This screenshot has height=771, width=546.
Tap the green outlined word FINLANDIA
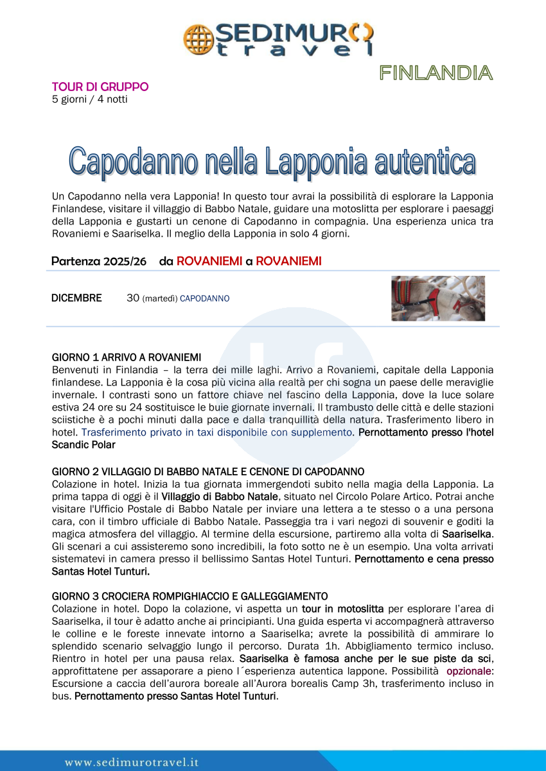click(436, 72)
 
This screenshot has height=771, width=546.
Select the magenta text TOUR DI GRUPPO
click(100, 87)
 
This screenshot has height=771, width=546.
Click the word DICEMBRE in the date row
click(76, 298)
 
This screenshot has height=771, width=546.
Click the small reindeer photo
click(438, 298)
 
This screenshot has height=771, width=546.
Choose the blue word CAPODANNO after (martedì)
click(204, 299)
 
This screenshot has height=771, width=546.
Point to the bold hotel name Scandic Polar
click(84, 445)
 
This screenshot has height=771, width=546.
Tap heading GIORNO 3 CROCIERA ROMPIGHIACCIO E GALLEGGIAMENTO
click(190, 597)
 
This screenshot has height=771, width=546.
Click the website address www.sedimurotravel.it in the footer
click(132, 762)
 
